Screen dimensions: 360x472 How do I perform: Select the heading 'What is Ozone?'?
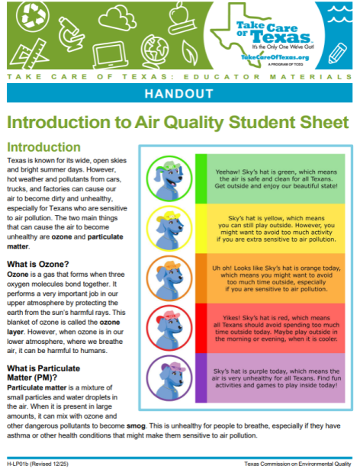click(x=40, y=265)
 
